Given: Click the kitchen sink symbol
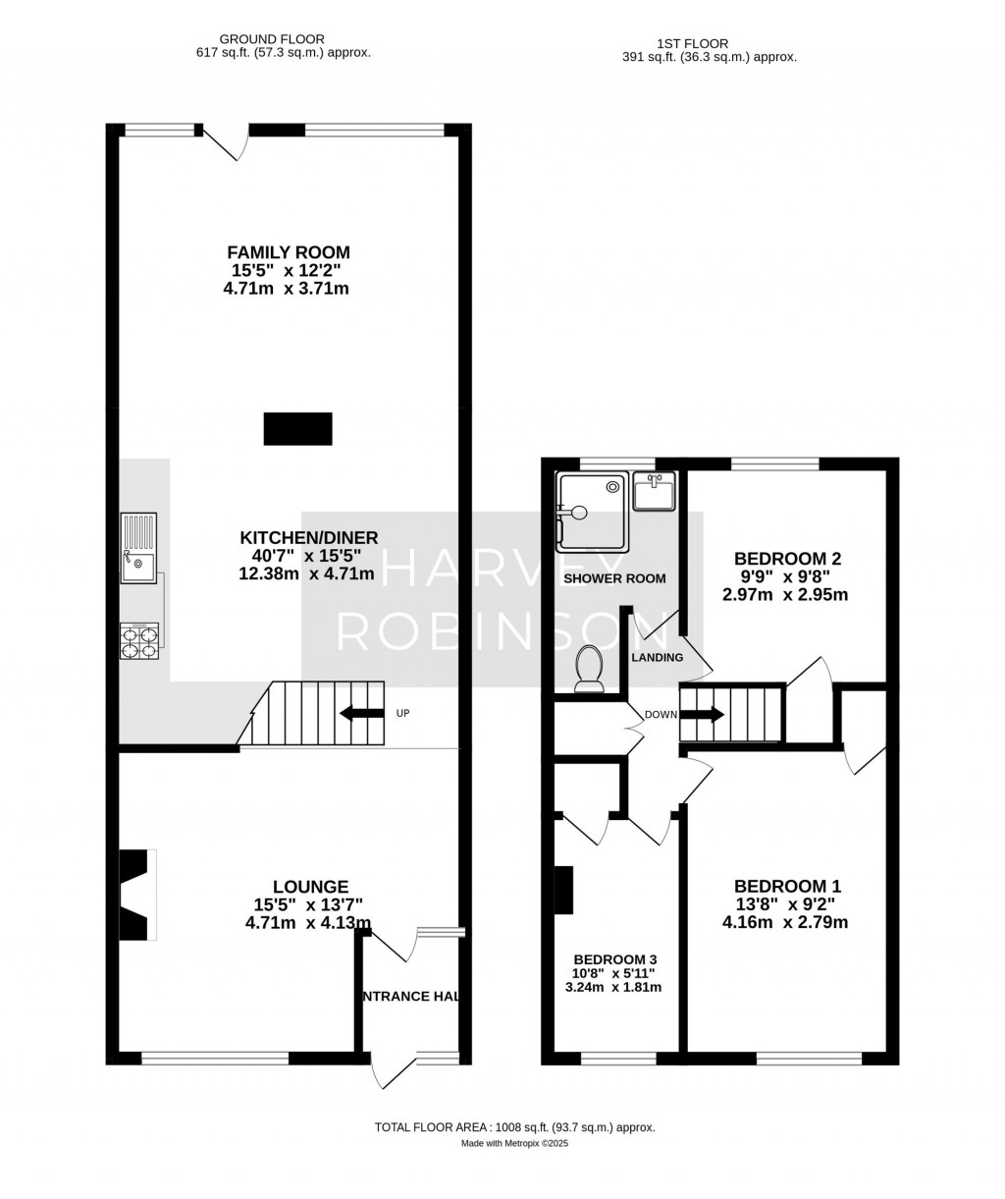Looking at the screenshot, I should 138,548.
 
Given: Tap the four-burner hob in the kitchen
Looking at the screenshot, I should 138,640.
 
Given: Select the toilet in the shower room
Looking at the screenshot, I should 589,670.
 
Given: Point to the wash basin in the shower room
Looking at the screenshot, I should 655,491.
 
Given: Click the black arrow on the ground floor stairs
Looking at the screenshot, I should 360,713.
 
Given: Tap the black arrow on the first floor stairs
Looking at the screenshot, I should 700,714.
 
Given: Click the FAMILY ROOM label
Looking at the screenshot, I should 289,252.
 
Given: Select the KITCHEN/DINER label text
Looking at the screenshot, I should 309,537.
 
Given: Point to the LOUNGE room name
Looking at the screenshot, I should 310,886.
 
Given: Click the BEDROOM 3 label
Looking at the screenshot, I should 615,959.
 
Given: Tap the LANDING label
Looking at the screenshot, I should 657,657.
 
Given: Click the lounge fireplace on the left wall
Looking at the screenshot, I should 134,895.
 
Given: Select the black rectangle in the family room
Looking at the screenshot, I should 297,429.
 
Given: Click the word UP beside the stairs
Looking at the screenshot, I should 402,713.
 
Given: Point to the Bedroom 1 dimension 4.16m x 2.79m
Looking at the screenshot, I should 785,922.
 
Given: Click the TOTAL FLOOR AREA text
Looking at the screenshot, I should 514,1128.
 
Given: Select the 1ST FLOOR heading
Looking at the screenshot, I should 693,43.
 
